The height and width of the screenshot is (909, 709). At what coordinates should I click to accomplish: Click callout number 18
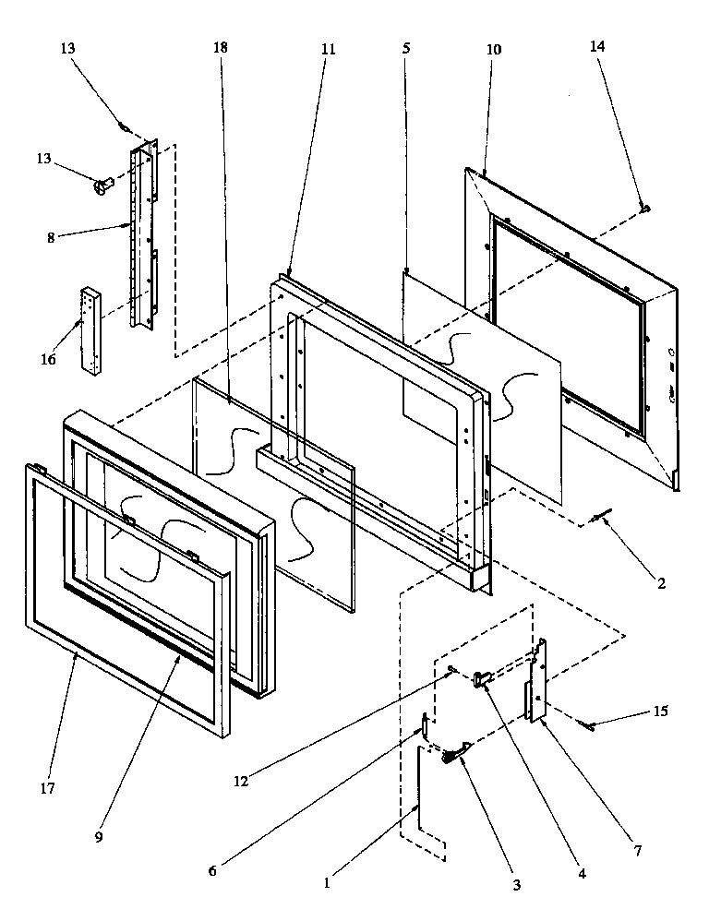[220, 47]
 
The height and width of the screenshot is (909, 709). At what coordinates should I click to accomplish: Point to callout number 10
[494, 49]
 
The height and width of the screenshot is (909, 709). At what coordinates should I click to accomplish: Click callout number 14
[598, 48]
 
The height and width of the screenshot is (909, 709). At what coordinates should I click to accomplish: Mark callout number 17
[47, 788]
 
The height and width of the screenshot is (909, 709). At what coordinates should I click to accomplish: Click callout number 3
[516, 883]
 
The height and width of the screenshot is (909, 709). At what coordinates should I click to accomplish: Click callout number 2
[662, 583]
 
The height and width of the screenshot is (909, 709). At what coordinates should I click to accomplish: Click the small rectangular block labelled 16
[92, 329]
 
